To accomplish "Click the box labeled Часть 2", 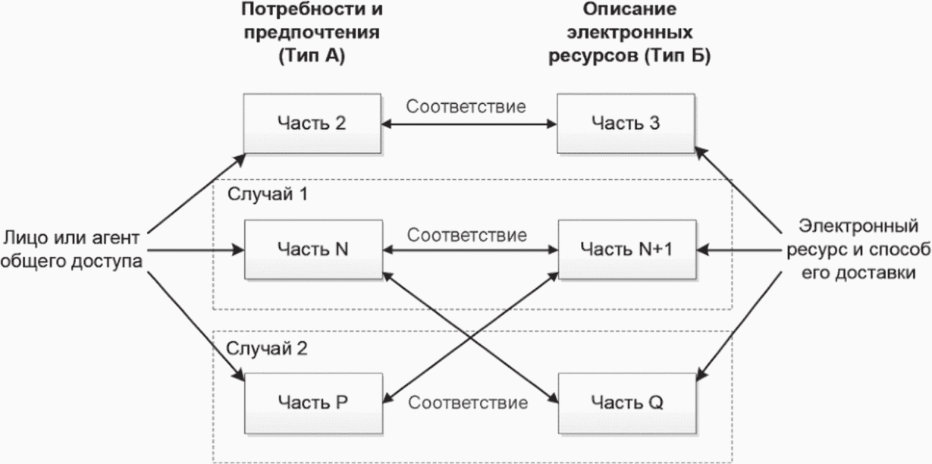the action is [x=312, y=123].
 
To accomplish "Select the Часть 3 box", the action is [x=626, y=123].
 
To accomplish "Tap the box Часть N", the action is [x=313, y=249].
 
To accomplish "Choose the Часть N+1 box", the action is [x=627, y=249].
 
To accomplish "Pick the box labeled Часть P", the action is [x=313, y=403].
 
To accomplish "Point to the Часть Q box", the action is [x=627, y=403].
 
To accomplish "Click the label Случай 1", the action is [x=268, y=194].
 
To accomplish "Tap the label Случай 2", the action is [x=267, y=348].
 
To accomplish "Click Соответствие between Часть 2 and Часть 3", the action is [x=466, y=107].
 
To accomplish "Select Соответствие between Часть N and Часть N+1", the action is [x=467, y=235].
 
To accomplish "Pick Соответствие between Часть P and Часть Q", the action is [x=468, y=403].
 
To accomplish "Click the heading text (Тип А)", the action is [x=312, y=56].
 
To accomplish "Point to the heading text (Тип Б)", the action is [x=677, y=56].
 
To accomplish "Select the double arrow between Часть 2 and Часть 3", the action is [x=469, y=124].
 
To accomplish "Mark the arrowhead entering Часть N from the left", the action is [x=238, y=250].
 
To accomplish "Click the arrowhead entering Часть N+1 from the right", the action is [x=703, y=250].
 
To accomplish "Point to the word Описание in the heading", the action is [x=629, y=9].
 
